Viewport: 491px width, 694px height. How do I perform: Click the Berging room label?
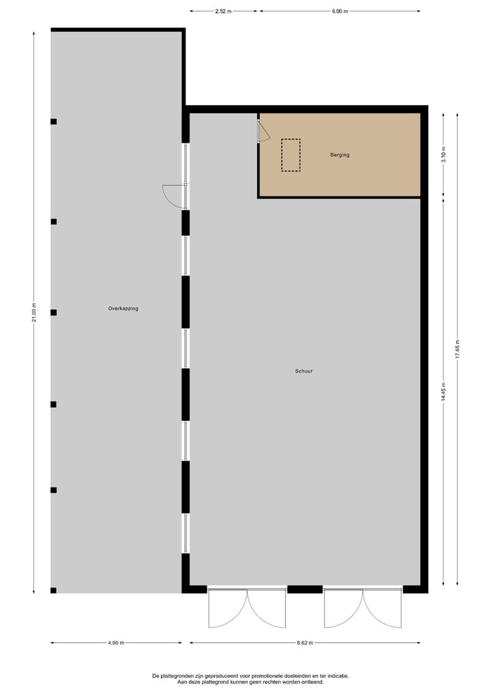[340, 155]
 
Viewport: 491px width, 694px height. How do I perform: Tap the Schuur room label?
[304, 371]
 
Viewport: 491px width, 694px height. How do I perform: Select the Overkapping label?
[123, 308]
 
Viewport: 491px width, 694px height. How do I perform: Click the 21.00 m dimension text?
[34, 314]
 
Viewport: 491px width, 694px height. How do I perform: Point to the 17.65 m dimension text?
[458, 350]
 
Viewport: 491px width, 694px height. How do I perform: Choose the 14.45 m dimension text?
[443, 392]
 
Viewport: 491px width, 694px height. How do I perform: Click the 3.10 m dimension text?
[443, 154]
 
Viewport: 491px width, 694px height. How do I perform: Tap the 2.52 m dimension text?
[223, 12]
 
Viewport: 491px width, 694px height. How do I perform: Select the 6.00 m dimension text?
[340, 12]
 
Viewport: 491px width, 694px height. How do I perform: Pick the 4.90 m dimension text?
[116, 643]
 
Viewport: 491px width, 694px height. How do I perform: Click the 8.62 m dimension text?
[304, 643]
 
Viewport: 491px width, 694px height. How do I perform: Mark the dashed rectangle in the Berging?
[291, 155]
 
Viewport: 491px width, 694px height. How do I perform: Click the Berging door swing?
[263, 132]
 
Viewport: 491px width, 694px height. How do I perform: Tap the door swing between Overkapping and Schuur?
[173, 196]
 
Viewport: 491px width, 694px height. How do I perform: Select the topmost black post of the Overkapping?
[53, 121]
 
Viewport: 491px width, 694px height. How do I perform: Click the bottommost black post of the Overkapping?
[53, 590]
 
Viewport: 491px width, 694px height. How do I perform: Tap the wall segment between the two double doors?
[304, 589]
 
